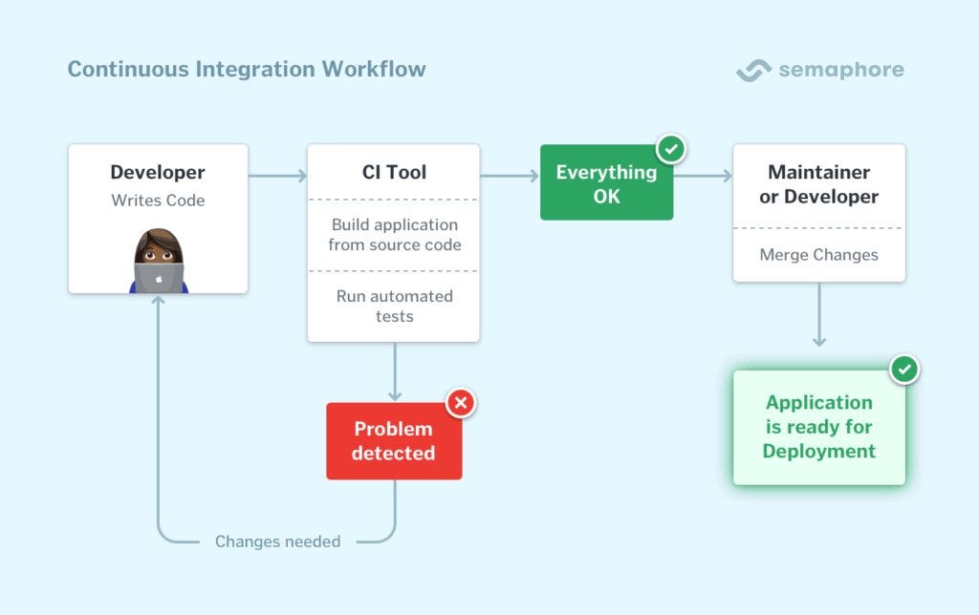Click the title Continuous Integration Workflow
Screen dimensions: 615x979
[247, 70]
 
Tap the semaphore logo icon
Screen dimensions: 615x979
[753, 71]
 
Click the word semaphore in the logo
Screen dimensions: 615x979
[840, 70]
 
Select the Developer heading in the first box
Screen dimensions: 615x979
[158, 173]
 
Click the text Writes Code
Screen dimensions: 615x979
[158, 201]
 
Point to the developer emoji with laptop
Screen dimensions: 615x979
[159, 261]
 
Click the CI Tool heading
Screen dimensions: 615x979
[394, 173]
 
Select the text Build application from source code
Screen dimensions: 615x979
[394, 235]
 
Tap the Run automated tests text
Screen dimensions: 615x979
[394, 306]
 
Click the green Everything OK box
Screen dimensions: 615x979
[606, 184]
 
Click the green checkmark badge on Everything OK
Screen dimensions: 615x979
[672, 149]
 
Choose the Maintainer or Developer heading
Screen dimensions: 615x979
[818, 184]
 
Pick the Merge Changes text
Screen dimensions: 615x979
[818, 255]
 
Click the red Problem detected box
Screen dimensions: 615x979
[393, 441]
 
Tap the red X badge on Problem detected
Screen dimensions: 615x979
[461, 403]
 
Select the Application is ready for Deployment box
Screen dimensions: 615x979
[818, 427]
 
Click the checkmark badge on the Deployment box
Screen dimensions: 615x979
[904, 370]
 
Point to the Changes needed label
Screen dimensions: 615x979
[277, 541]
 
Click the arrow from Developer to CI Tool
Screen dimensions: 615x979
[277, 176]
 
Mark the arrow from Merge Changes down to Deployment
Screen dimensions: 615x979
[819, 315]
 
